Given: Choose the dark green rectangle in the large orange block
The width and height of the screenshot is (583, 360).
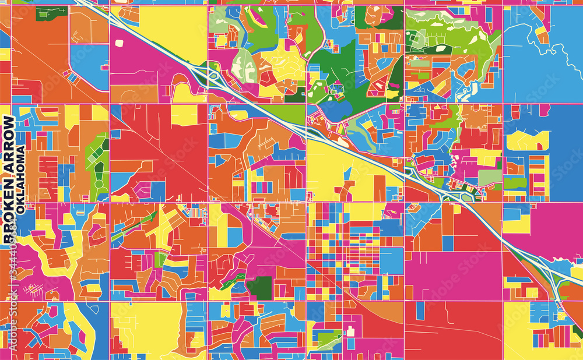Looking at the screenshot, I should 43,13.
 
